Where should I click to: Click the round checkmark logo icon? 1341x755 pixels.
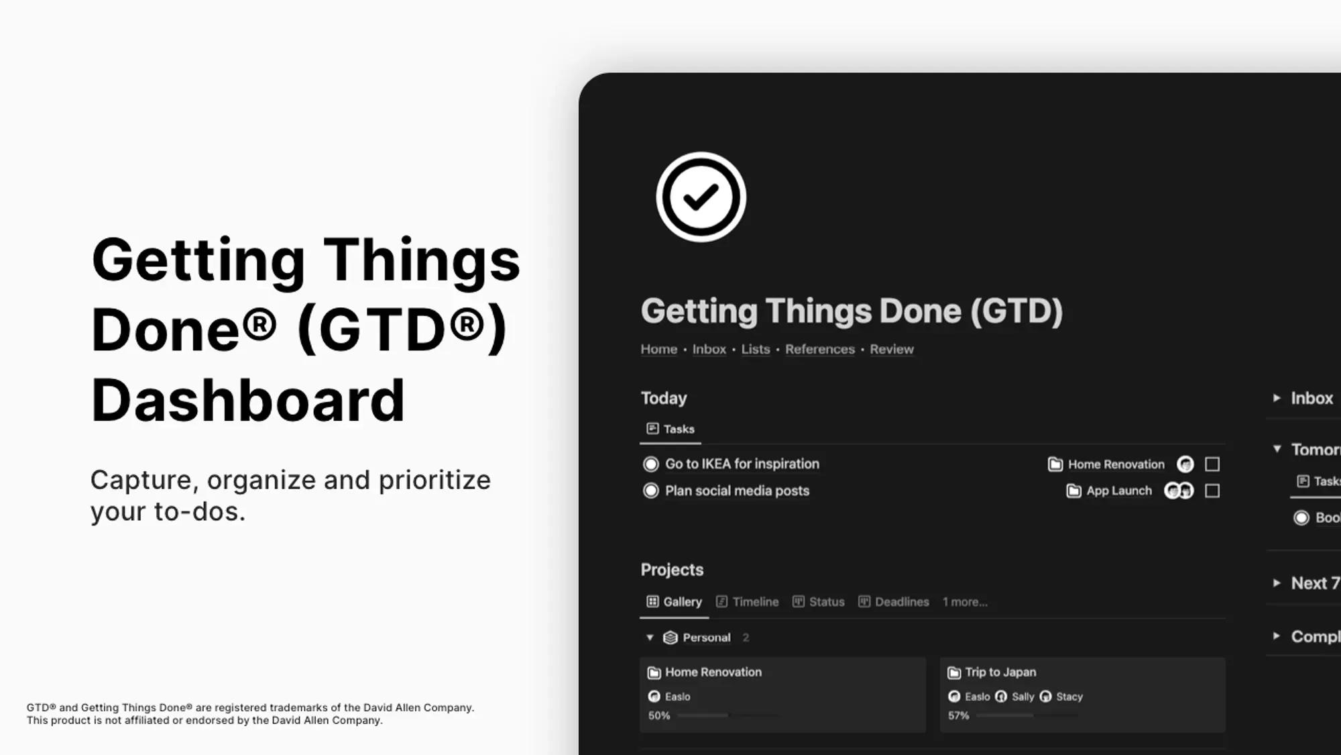coord(701,197)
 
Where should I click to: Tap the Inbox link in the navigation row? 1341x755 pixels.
coord(709,349)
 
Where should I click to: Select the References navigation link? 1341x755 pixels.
coord(819,349)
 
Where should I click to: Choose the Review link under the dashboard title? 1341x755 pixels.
coord(891,349)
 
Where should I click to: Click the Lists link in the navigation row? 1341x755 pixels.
coord(755,349)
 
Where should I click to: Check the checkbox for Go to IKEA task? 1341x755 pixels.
coord(1212,464)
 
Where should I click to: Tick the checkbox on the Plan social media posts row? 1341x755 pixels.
coord(1212,491)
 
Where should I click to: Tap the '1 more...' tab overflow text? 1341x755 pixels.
coord(965,602)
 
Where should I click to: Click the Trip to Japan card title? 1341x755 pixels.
coord(1000,672)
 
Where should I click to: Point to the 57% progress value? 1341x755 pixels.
coord(958,715)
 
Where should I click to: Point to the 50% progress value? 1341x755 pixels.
coord(658,715)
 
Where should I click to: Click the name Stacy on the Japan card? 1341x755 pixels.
coord(1069,697)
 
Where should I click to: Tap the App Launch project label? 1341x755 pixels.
coord(1118,491)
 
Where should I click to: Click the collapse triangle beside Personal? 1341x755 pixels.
coord(650,638)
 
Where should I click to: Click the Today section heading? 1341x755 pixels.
coord(664,398)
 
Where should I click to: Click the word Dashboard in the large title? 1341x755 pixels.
coord(248,400)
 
